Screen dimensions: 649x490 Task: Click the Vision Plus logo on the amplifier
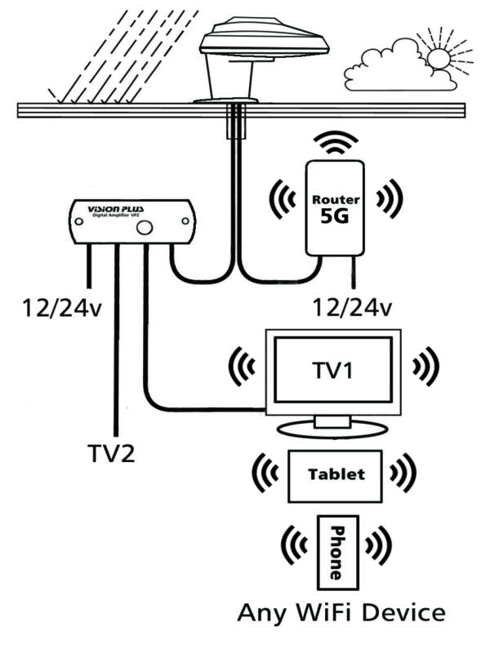point(119,208)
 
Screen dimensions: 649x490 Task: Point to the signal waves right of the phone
point(378,545)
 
